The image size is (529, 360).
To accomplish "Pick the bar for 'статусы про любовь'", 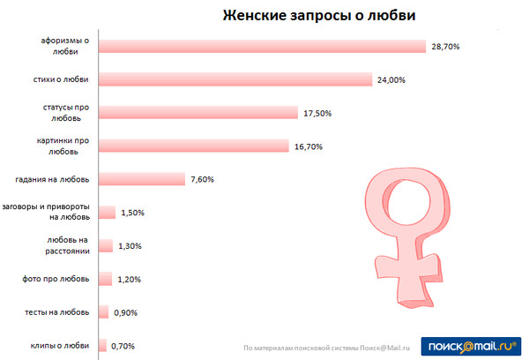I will tap(198, 113).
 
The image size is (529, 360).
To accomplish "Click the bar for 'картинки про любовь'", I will tap(194, 146).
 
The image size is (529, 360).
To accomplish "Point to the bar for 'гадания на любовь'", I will tap(142, 179).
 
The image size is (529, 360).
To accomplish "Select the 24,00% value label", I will tap(392, 80).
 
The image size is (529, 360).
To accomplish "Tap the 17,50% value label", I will tap(317, 113).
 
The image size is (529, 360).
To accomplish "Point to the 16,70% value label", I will tap(308, 146).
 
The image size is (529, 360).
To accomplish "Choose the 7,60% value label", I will tap(202, 179).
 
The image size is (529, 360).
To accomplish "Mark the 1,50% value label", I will tap(132, 213).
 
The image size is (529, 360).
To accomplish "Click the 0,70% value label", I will tap(123, 345).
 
